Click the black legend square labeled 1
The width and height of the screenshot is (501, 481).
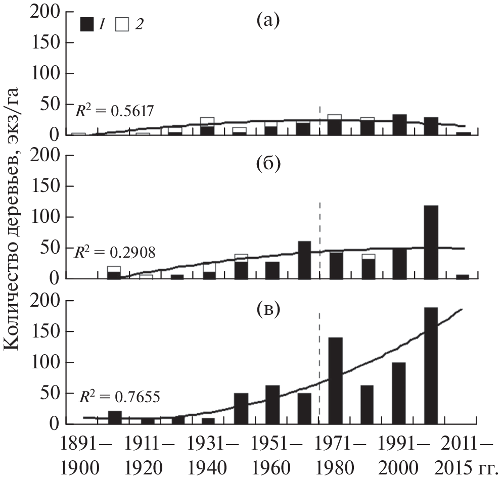pos(88,24)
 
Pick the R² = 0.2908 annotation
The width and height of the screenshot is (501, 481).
pos(115,252)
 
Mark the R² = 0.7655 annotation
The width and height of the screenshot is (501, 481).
pos(119,396)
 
